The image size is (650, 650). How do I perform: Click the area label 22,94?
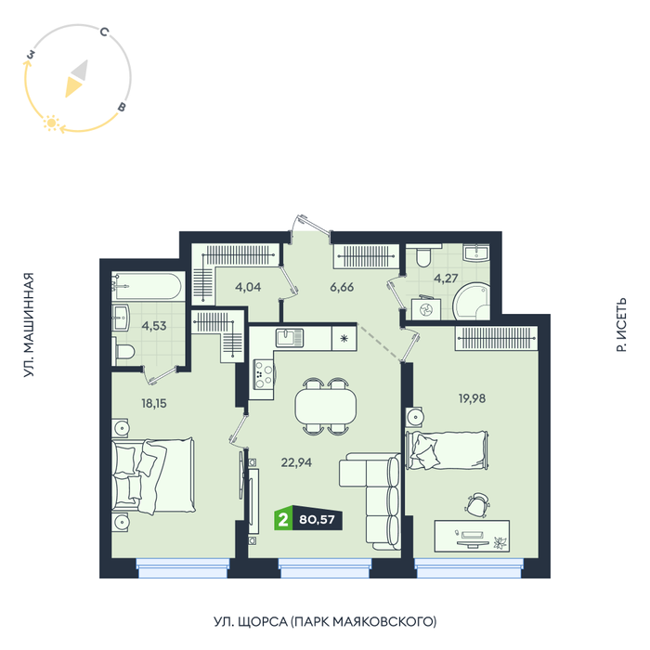coord(296,462)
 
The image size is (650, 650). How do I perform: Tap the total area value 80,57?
coord(317,519)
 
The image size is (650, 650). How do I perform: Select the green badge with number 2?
coord(283,519)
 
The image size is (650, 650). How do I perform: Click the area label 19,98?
coord(472,398)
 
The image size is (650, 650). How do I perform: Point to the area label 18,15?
coord(154,403)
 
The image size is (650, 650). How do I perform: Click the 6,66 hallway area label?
coord(342,287)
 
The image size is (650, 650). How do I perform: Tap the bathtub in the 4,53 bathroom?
coord(147,286)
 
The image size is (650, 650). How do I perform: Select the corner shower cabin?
coord(472,302)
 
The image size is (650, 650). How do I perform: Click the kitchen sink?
coord(290,337)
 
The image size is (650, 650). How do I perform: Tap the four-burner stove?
coord(264,374)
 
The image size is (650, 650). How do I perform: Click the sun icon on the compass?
coord(51,123)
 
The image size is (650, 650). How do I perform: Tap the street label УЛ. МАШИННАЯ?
coord(28,325)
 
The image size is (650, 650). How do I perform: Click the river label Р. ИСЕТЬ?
coord(621,325)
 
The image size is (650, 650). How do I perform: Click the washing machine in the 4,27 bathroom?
coord(426,309)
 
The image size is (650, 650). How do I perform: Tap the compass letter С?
coord(104,32)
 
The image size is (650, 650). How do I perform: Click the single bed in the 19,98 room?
coord(447,450)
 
